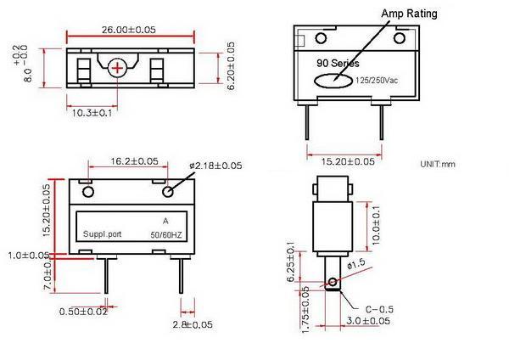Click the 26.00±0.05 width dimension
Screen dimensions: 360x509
(128, 29)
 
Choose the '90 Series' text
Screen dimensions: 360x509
(338, 64)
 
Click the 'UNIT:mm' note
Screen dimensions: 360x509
(438, 163)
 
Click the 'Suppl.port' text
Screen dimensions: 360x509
(103, 234)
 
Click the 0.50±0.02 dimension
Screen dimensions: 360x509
(83, 312)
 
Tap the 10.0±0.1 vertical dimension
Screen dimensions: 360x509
(376, 222)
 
